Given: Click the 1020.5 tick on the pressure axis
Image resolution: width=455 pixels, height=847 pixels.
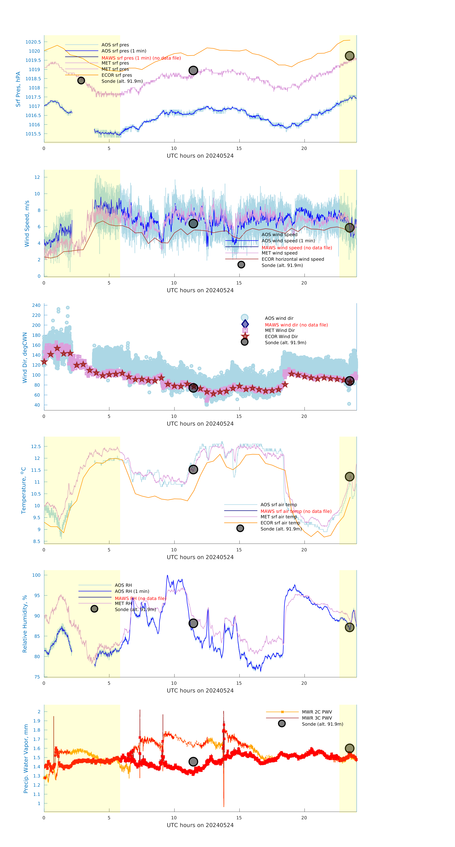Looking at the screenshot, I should (x=33, y=42).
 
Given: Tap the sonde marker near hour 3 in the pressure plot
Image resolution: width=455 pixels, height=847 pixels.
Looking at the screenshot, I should (x=81, y=81).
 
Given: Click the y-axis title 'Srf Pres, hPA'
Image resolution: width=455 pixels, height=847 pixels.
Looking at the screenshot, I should (x=18, y=89).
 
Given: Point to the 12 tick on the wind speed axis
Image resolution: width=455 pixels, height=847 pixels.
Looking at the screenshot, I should (x=37, y=177).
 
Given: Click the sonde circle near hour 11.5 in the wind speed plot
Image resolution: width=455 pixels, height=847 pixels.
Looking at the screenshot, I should (x=193, y=224).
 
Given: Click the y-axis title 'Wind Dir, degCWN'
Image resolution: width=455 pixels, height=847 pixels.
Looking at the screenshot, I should (x=25, y=358).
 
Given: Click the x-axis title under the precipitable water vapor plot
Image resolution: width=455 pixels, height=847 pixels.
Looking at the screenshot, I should (x=200, y=825).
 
